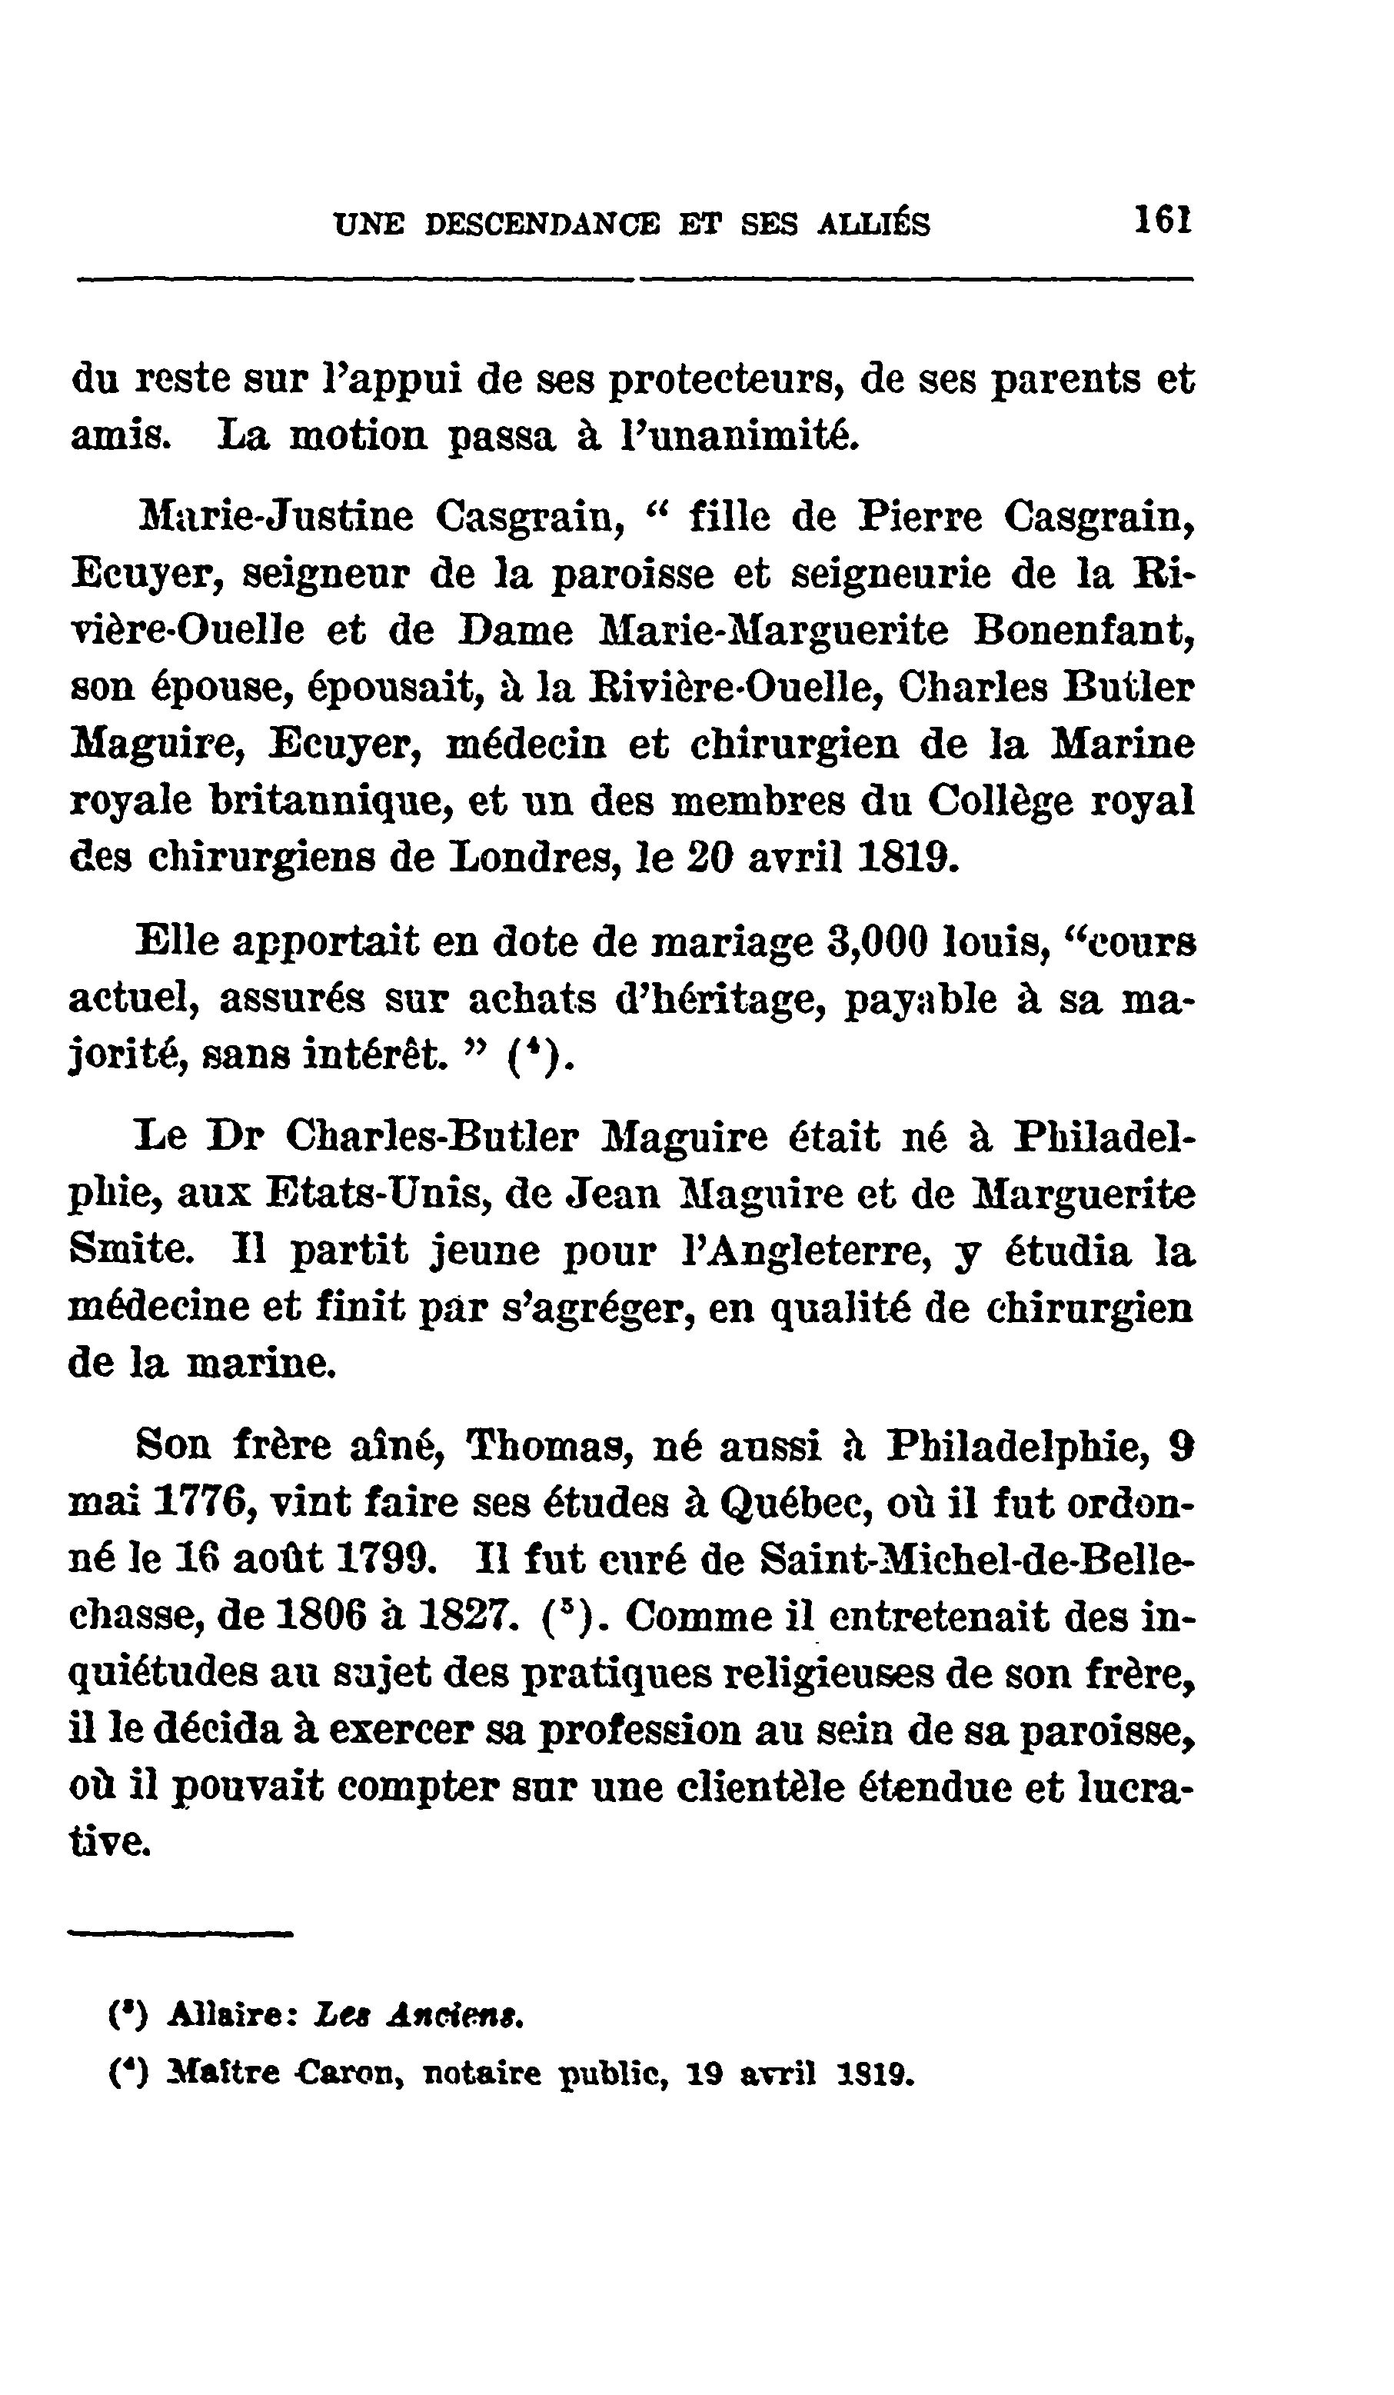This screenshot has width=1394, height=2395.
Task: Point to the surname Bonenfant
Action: [x=1083, y=630]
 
